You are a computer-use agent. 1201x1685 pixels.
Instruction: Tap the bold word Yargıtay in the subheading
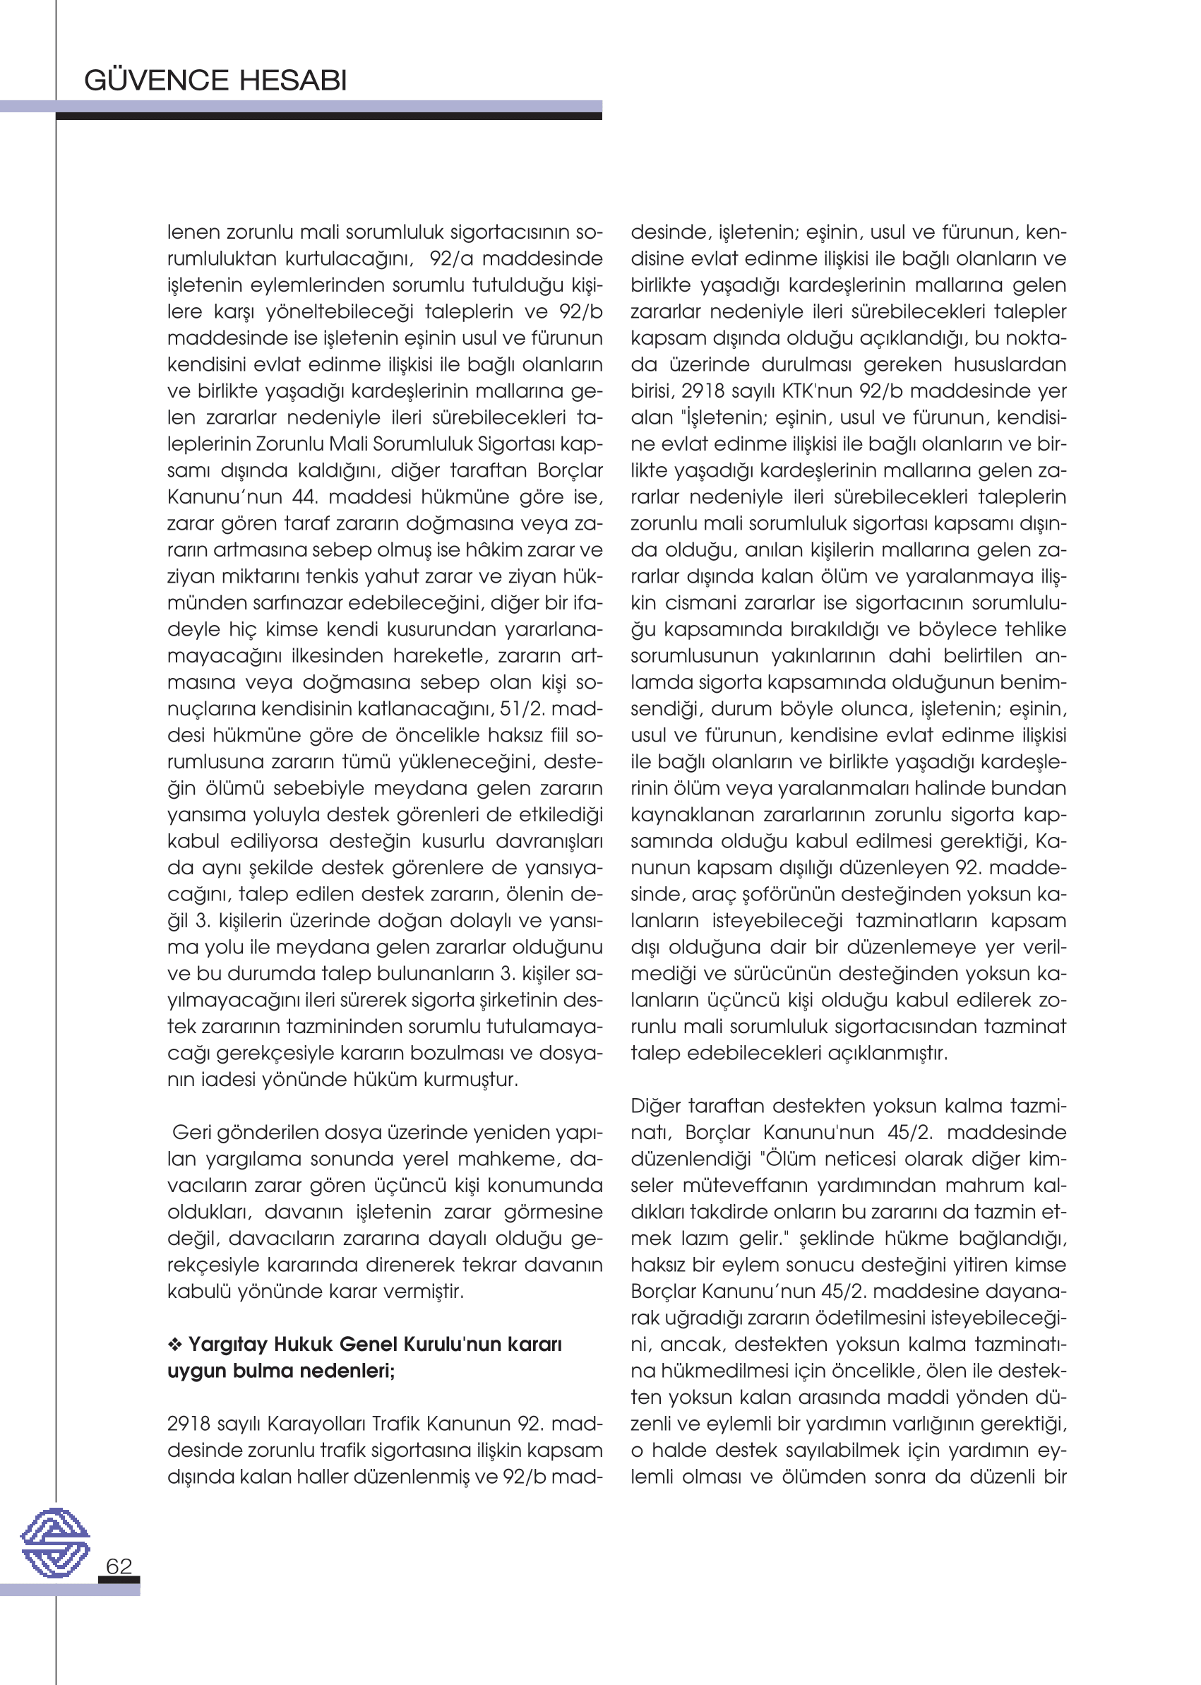(x=228, y=1344)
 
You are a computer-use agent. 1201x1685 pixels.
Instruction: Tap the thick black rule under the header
(x=328, y=116)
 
